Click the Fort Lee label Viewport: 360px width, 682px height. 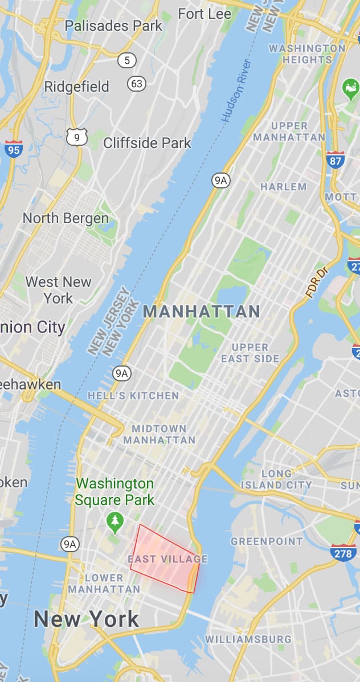pos(204,14)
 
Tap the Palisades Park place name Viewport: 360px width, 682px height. pos(113,26)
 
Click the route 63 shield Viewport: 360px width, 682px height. pos(137,84)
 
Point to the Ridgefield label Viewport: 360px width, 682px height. pos(76,87)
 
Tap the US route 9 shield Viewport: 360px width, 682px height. pos(77,137)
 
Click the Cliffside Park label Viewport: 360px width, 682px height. pos(147,142)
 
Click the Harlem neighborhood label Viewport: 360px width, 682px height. pos(283,187)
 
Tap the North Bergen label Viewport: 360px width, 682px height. pos(66,218)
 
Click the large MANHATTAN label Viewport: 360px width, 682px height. pos(202,311)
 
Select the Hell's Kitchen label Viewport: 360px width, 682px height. pos(133,395)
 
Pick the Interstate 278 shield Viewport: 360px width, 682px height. pos(343,552)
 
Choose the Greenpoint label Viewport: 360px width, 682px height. pos(267,541)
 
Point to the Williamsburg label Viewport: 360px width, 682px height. pos(248,639)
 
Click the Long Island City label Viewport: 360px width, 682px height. pos(276,479)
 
